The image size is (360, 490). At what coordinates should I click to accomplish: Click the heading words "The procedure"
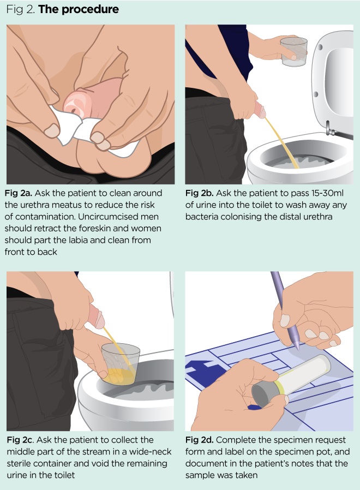coord(79,9)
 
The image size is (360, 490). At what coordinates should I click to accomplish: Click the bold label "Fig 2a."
coord(19,193)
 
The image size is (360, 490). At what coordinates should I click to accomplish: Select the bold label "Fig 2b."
coord(200,193)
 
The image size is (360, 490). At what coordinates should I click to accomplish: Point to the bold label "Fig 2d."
coord(200,440)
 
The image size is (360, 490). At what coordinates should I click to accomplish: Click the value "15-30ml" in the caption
coord(327,193)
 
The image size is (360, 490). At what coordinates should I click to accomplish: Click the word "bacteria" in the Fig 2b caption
coord(201,217)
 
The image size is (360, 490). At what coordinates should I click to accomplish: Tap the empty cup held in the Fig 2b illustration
coord(294,51)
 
